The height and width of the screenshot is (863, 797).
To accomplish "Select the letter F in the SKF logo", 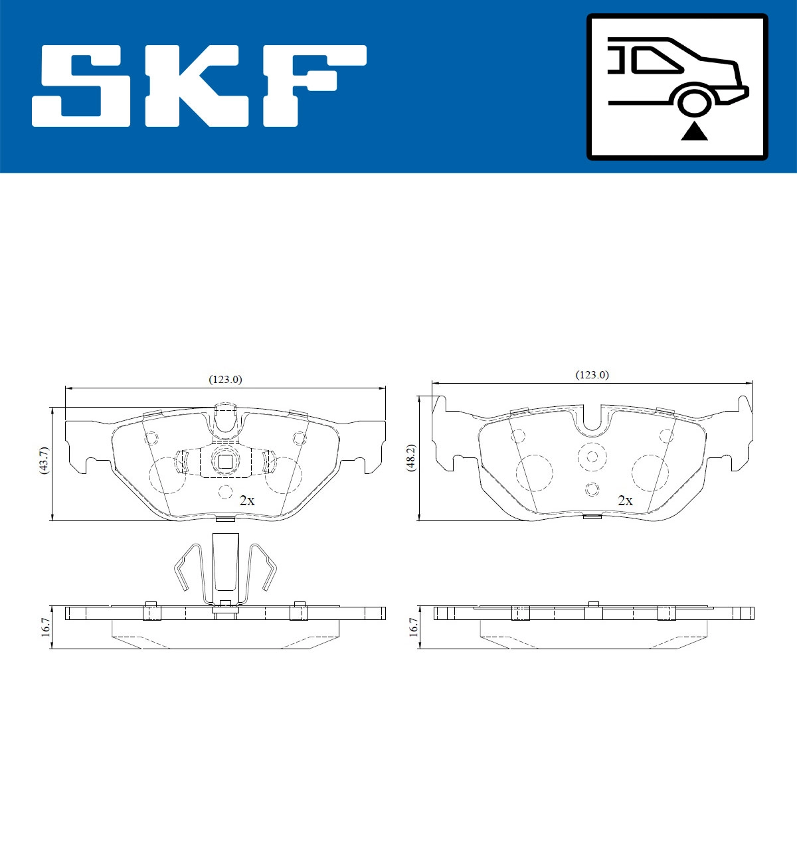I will click(312, 86).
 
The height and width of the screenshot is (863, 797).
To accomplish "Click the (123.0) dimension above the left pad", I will click(226, 380).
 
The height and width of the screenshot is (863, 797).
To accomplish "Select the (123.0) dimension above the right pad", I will click(592, 375).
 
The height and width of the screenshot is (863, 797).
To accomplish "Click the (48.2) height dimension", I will click(411, 459).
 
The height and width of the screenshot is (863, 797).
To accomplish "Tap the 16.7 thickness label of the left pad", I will click(44, 627).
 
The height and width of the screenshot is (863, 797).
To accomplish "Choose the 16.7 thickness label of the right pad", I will click(413, 627).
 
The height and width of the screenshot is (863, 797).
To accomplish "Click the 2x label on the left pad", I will click(246, 501).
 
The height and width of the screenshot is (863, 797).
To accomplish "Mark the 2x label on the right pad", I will click(625, 501).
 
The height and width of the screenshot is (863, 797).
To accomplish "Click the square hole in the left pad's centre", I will click(225, 461).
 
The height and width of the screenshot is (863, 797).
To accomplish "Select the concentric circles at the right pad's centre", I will click(591, 456).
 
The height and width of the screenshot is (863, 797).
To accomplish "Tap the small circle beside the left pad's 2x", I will click(225, 492).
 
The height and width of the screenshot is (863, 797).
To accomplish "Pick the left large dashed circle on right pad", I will click(534, 473).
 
